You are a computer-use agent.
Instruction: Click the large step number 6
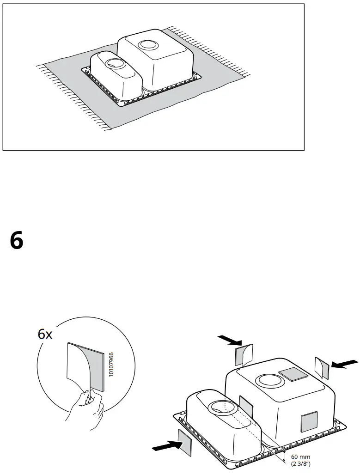[16, 241]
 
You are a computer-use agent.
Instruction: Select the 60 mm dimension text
[300, 457]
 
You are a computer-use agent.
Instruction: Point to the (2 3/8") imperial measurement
[300, 463]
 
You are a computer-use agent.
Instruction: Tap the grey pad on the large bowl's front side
[309, 422]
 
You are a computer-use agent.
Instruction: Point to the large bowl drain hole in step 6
[267, 381]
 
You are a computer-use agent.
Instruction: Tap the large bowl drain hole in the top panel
[148, 45]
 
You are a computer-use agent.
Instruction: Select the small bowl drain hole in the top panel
[112, 62]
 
